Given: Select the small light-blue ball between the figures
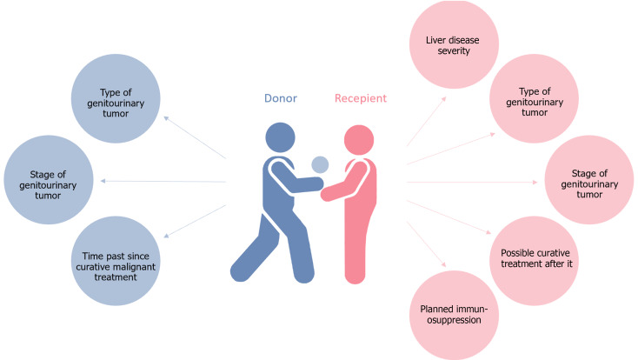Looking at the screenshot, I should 320,163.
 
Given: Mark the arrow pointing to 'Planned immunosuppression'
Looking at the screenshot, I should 427,244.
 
